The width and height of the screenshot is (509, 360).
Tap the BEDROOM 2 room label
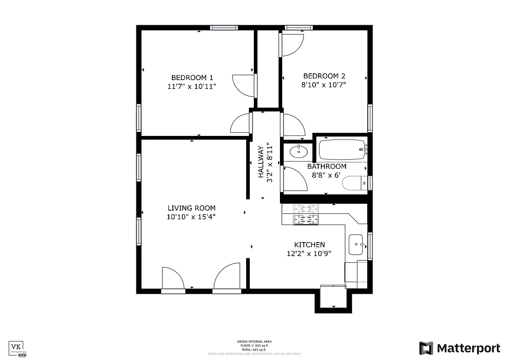click(324, 76)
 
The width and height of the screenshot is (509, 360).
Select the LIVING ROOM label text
click(191, 208)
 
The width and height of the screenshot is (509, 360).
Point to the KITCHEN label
click(309, 245)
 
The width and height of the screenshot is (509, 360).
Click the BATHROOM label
click(327, 166)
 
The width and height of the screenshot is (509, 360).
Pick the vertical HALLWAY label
click(261, 162)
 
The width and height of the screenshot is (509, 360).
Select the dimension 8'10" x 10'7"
click(324, 85)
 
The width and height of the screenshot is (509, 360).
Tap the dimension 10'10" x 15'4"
click(191, 217)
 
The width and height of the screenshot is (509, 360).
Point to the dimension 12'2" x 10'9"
click(309, 253)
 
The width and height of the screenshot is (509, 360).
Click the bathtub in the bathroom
click(342, 150)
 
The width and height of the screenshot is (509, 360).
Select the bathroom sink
click(297, 152)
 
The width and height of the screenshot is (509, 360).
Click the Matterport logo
click(459, 348)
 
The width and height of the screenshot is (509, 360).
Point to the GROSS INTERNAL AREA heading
click(254, 342)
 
